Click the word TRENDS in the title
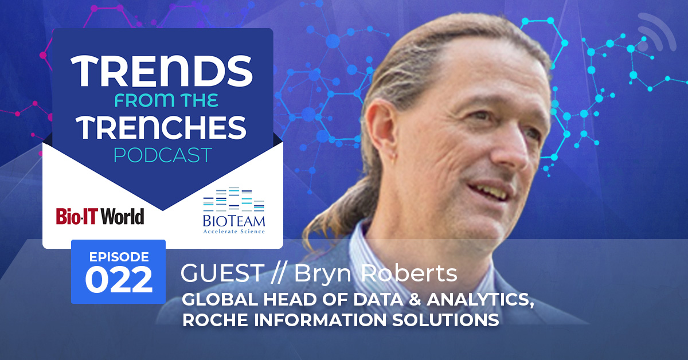click(162, 71)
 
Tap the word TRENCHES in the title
click(161, 127)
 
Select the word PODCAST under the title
click(163, 155)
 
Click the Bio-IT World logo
click(100, 216)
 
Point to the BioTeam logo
click(234, 210)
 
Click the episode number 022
click(119, 280)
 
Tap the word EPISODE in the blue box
click(119, 257)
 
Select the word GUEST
click(222, 273)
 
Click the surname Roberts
click(409, 273)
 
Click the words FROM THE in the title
click(166, 100)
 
